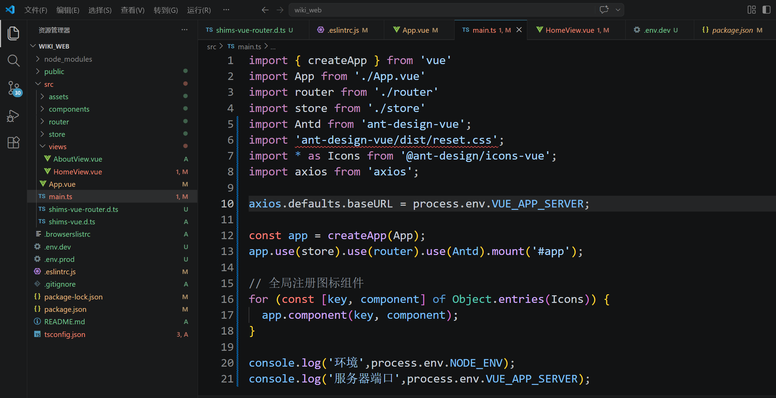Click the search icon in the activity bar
point(13,61)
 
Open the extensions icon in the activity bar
point(13,142)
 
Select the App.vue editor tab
point(416,30)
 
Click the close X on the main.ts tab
point(519,30)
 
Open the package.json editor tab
point(732,30)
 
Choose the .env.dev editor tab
point(656,30)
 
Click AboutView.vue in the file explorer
point(78,159)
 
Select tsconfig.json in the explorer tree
point(64,334)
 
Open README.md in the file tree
point(64,322)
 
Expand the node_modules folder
point(68,59)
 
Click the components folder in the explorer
point(69,109)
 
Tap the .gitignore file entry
point(60,284)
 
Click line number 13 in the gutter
point(227,252)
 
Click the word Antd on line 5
point(308,124)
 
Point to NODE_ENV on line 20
point(476,363)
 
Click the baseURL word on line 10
point(370,204)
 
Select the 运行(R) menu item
point(199,10)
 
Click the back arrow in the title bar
point(265,10)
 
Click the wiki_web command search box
point(441,10)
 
